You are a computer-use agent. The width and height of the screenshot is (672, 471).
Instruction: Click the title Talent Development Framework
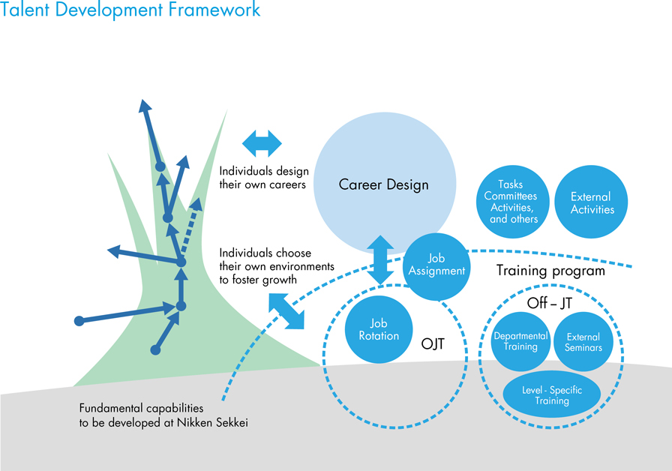click(x=130, y=10)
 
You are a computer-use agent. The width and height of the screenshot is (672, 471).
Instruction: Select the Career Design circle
click(x=383, y=184)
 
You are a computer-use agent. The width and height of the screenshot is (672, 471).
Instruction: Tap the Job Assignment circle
click(x=436, y=265)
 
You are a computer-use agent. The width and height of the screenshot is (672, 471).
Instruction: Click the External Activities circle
click(x=592, y=202)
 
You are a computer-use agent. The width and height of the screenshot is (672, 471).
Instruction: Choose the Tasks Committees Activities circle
click(x=514, y=202)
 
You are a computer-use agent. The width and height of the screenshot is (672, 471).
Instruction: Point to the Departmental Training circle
click(x=520, y=341)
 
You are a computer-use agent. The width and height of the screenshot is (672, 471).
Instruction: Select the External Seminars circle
click(x=583, y=342)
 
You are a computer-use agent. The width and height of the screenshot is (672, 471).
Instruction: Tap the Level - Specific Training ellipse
click(x=552, y=395)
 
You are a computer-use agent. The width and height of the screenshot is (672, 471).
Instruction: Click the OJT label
click(x=433, y=344)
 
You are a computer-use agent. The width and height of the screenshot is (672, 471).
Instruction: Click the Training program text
click(x=550, y=271)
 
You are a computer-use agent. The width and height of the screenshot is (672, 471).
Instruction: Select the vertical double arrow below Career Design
click(x=381, y=259)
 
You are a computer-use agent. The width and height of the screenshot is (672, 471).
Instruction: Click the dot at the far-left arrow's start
click(x=79, y=321)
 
